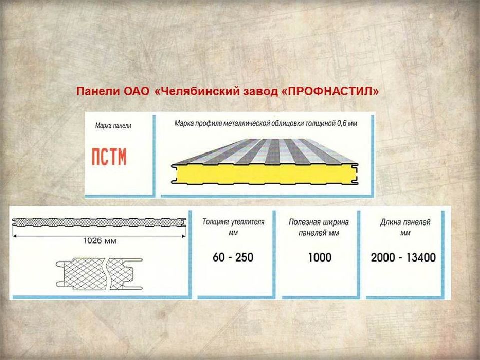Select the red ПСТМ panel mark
(x=109, y=157)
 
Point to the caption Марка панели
(x=113, y=126)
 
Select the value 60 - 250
(x=233, y=258)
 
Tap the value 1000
(x=319, y=258)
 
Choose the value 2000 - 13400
(x=403, y=258)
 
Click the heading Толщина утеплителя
(x=233, y=222)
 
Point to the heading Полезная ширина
(x=319, y=222)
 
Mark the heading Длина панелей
(x=405, y=222)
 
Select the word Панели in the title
(x=95, y=92)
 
